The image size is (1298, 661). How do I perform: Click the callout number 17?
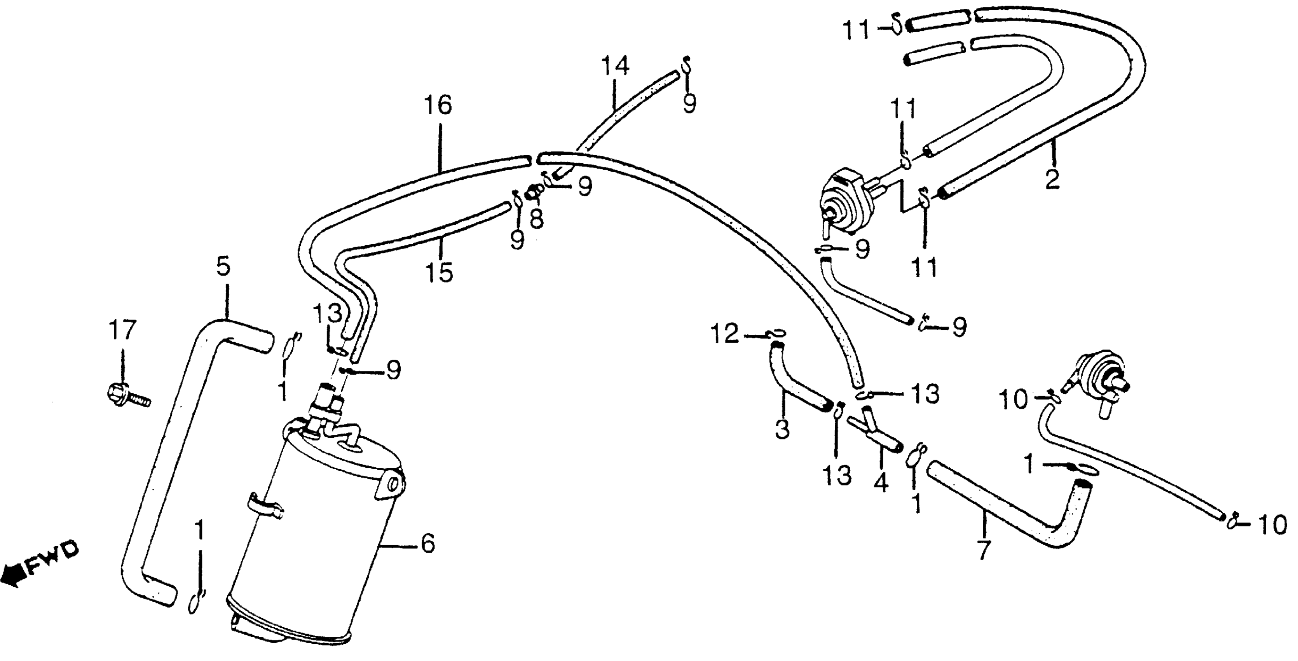(122, 331)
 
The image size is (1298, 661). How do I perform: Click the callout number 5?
(224, 267)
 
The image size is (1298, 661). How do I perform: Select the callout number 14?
(615, 66)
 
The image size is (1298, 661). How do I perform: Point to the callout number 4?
(880, 483)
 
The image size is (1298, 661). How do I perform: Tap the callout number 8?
(536, 218)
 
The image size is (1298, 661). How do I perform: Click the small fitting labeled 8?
(534, 192)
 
